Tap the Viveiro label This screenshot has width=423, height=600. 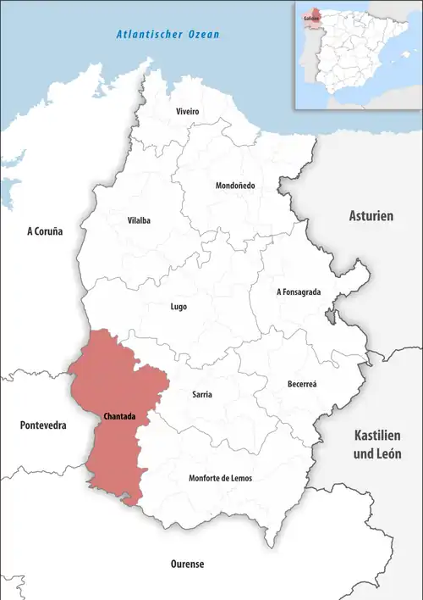(188, 112)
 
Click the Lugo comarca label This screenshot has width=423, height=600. (178, 307)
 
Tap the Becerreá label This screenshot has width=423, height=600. (302, 383)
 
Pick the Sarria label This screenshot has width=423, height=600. (202, 395)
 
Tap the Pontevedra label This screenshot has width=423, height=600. (42, 425)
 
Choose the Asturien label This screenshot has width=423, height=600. (371, 216)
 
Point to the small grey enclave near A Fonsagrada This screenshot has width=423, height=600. (328, 317)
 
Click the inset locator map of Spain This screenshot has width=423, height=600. (357, 54)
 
